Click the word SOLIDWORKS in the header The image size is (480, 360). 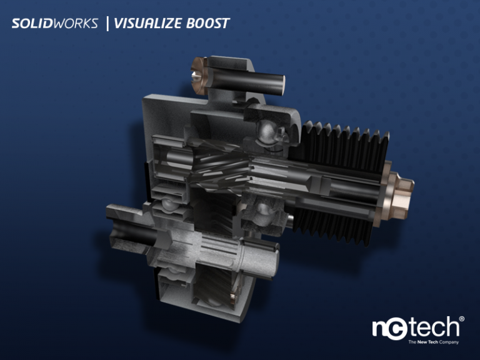(x=55, y=24)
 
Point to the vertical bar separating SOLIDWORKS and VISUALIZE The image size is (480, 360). (x=107, y=24)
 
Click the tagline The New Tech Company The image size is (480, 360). (x=433, y=342)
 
